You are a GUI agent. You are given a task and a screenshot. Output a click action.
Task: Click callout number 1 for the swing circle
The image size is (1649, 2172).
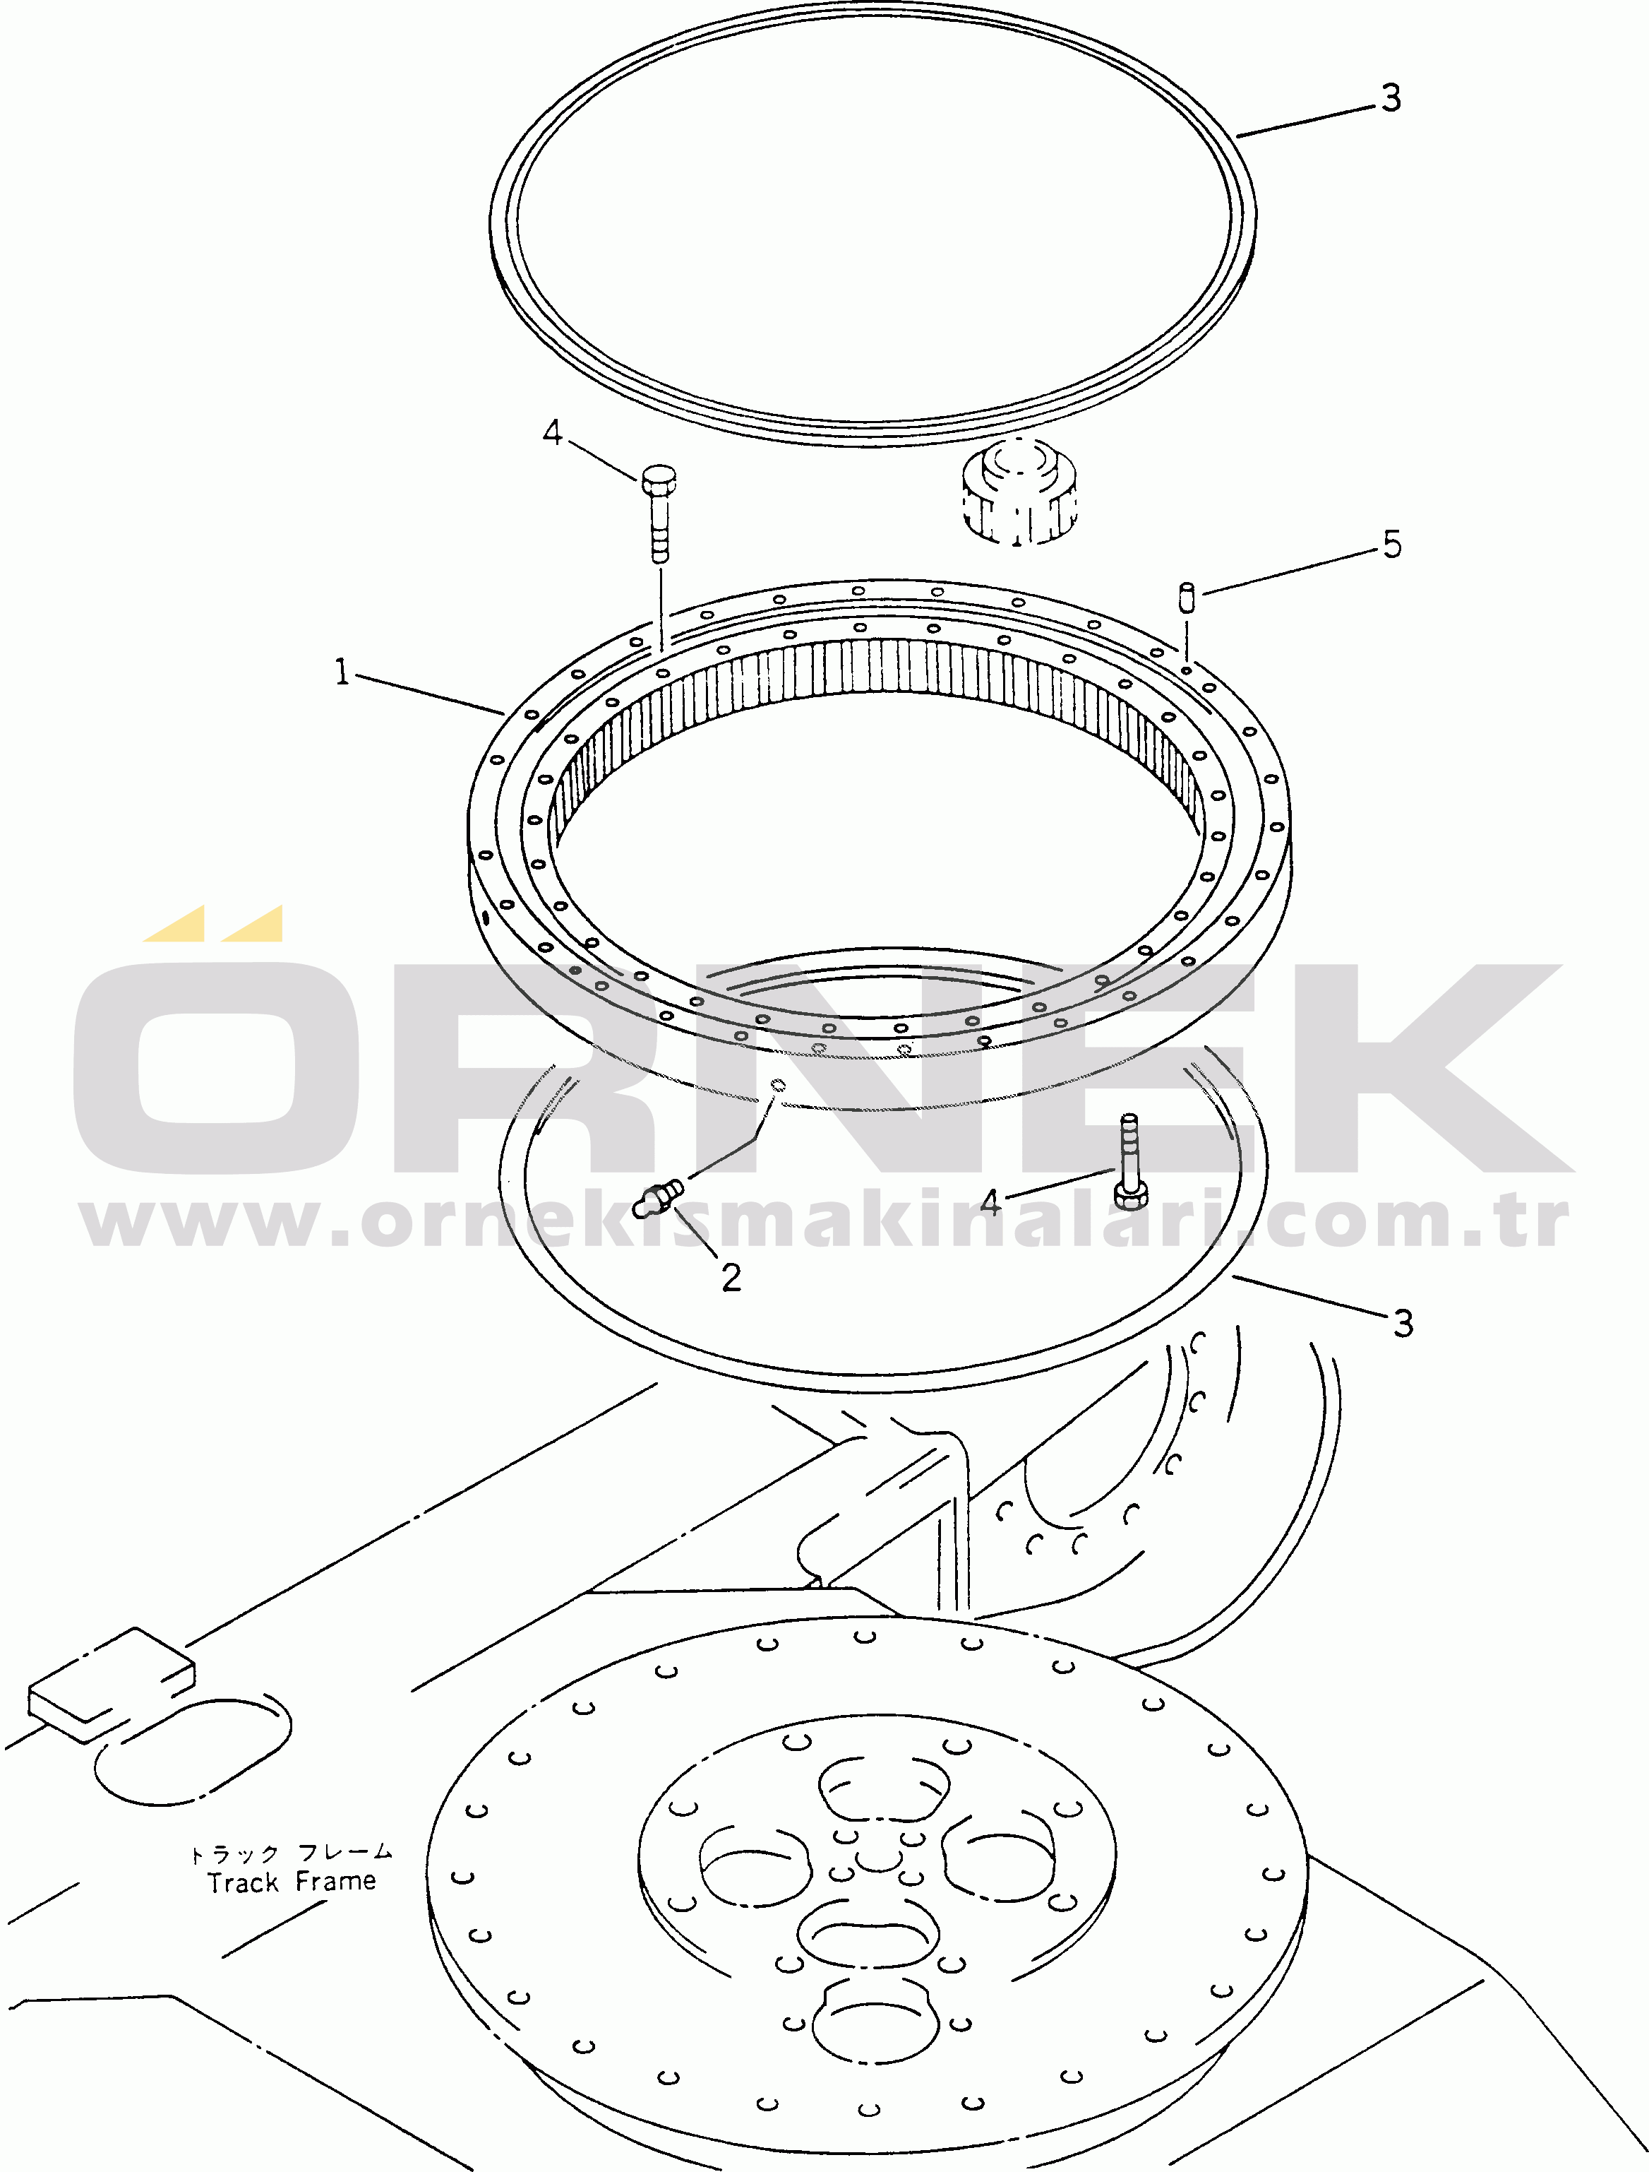(x=342, y=672)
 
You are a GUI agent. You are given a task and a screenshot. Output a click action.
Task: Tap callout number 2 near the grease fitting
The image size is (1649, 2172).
(x=731, y=1278)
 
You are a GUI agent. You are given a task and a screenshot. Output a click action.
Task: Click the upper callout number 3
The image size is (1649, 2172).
(x=1391, y=97)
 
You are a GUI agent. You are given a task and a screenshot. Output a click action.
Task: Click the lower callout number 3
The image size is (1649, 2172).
(x=1403, y=1323)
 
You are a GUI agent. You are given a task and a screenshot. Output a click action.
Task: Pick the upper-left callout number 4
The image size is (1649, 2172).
(x=553, y=432)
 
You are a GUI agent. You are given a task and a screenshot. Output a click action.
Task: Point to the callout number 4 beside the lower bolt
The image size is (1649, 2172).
(x=990, y=1203)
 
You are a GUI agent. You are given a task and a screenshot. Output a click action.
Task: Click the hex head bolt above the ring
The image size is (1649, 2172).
(x=659, y=514)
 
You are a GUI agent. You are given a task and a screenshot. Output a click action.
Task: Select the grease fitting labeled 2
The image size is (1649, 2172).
(x=658, y=1199)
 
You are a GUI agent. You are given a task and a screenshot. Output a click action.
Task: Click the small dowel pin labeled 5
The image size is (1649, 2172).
(x=1187, y=597)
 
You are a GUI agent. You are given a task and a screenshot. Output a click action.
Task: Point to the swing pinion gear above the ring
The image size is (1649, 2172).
(x=1019, y=490)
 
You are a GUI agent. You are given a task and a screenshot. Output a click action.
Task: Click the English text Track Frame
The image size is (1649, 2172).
(x=292, y=1882)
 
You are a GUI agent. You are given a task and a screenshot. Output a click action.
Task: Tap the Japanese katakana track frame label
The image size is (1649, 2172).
(x=292, y=1853)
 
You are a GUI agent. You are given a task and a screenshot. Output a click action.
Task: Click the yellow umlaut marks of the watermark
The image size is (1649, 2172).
(x=214, y=923)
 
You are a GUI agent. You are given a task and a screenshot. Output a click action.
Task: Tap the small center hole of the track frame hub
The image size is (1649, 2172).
(x=877, y=1856)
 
